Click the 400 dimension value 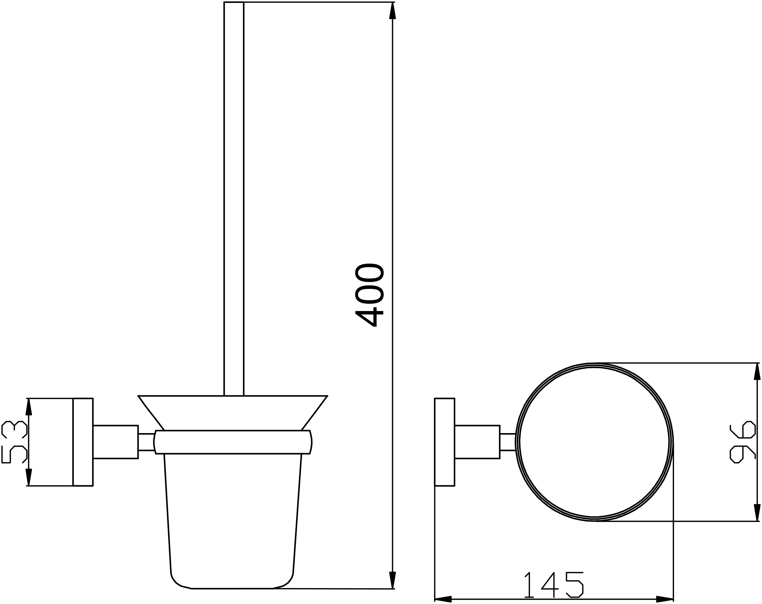coord(370,295)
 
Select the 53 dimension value coord(14,442)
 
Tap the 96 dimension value coord(743,442)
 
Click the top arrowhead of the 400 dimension coord(392,11)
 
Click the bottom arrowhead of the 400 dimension coord(392,580)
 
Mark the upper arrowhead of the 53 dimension coord(29,407)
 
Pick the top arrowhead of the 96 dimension coord(757,372)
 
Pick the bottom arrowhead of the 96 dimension coord(757,512)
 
